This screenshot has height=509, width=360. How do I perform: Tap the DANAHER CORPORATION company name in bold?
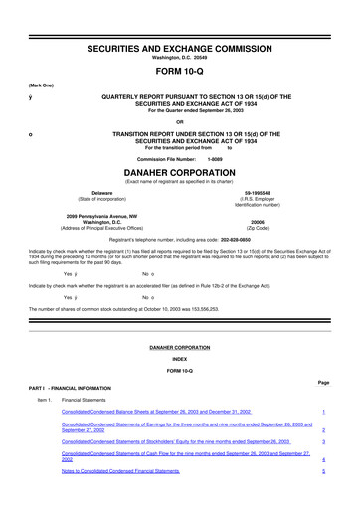179,172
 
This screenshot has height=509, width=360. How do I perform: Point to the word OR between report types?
179,122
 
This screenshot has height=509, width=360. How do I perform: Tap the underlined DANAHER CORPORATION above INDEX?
179,349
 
